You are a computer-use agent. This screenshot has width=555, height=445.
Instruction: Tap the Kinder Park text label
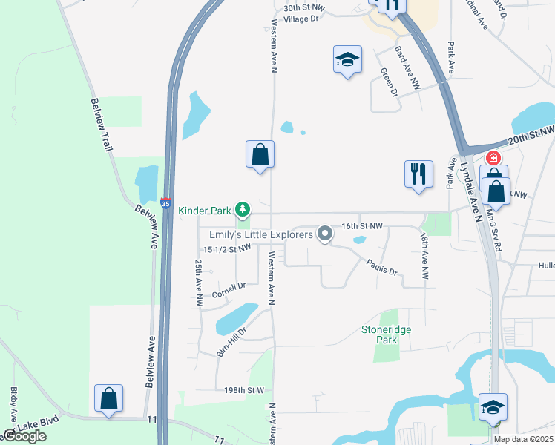click(x=206, y=211)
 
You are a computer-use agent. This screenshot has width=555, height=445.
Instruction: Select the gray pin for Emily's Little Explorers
click(x=324, y=234)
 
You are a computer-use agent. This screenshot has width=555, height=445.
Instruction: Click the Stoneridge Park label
click(x=386, y=334)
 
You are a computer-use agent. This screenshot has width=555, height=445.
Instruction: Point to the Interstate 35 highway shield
click(x=168, y=201)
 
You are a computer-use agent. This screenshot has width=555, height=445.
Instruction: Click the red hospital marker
click(x=493, y=158)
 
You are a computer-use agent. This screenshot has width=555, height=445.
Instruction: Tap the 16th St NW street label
click(x=361, y=225)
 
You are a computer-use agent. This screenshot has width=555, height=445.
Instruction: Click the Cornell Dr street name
click(x=229, y=289)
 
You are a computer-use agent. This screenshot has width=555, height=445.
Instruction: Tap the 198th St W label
click(x=244, y=390)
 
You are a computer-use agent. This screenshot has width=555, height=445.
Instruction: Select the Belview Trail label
click(x=102, y=125)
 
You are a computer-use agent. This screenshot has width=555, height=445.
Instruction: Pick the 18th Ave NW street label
click(x=424, y=256)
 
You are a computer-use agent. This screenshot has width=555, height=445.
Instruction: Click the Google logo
click(x=24, y=436)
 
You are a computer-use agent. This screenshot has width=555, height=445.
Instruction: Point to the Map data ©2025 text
click(x=524, y=439)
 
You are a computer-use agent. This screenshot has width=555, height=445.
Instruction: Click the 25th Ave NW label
click(x=199, y=283)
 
